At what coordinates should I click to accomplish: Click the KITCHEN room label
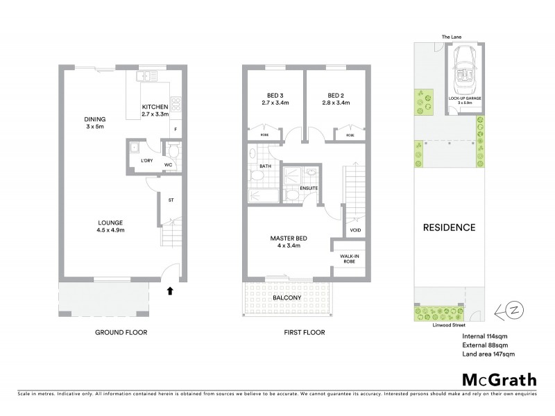pos(155,107)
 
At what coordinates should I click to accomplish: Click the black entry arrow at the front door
pos(170,293)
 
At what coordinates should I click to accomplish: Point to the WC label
pos(168,165)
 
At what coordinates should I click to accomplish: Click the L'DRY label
pos(146,161)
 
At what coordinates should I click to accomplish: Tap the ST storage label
pos(171,200)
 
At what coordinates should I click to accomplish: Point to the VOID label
pos(355,230)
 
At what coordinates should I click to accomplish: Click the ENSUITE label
pos(309,188)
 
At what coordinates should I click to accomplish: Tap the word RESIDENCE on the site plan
pos(450,227)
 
